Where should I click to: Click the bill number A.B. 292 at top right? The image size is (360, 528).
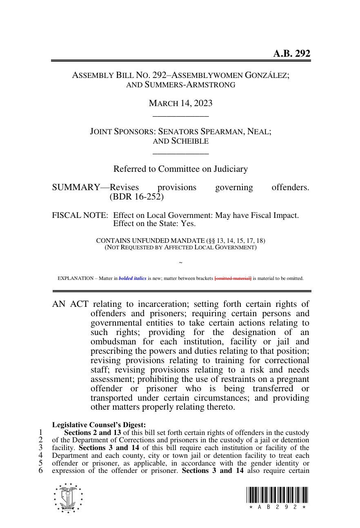(291, 53)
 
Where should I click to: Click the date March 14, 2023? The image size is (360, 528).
(180, 103)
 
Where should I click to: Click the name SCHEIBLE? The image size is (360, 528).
(190, 141)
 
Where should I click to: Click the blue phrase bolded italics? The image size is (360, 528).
(132, 278)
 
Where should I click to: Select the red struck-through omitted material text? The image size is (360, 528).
(233, 278)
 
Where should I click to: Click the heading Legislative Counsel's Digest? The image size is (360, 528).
(99, 425)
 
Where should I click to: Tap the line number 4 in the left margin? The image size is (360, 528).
(41, 455)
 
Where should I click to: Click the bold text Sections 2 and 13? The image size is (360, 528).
(93, 433)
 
